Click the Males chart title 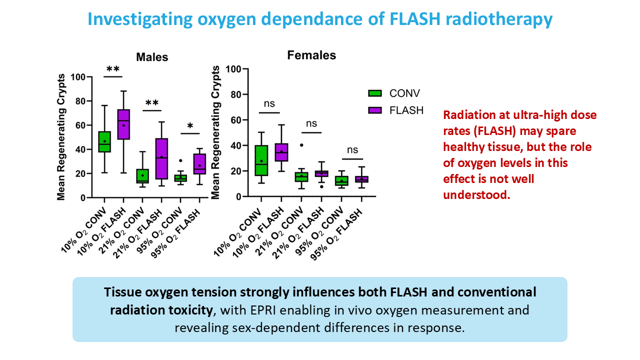[152, 57]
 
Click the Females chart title [311, 55]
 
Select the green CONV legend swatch [374, 93]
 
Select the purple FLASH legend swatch [374, 110]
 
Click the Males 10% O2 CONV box [104, 141]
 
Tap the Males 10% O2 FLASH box [123, 131]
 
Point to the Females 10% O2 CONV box [261, 160]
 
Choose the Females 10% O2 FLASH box [281, 152]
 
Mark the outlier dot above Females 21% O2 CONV [301, 145]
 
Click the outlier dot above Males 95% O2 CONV [180, 161]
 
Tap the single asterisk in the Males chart [189, 125]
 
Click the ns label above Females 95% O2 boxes [352, 149]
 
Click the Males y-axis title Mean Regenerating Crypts [61, 137]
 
